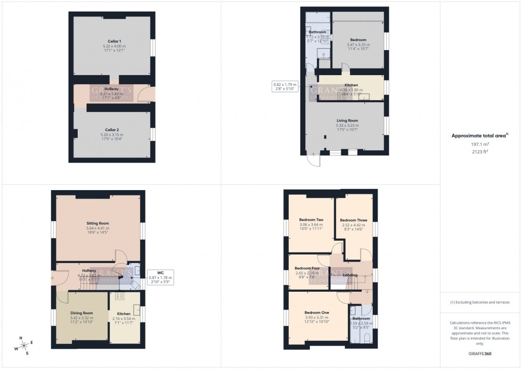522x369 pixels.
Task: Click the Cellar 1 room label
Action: [x=112, y=41]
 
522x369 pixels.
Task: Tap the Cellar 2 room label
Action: [x=112, y=130]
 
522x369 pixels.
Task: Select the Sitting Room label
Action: [x=97, y=223]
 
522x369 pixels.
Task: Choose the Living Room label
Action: [x=347, y=120]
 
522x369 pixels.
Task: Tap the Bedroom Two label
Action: [x=311, y=220]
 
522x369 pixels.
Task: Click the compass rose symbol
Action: [x=21, y=345]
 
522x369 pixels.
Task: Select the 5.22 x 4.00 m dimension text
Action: [x=112, y=46]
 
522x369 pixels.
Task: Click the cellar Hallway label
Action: [x=112, y=89]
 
